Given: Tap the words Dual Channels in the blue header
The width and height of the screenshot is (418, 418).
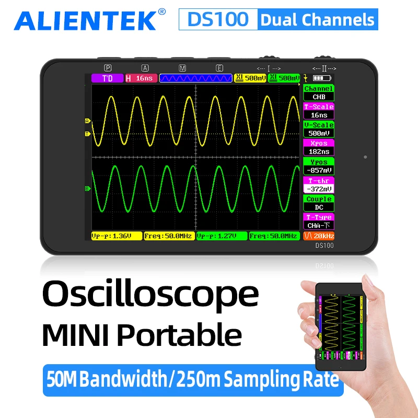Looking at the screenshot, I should [318, 20].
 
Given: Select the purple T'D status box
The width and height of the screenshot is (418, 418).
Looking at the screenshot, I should [107, 78].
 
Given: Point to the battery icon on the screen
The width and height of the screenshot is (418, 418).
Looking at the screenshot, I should [318, 78].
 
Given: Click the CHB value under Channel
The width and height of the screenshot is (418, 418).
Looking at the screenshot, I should [319, 97].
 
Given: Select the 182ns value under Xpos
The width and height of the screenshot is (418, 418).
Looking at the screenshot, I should [319, 152].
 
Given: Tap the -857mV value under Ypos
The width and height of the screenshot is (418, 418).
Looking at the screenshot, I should [319, 170].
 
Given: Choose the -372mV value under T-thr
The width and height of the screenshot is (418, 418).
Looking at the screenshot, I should [319, 189].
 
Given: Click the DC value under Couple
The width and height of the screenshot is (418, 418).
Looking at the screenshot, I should [319, 207].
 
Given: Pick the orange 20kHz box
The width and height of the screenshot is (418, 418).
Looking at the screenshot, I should [319, 236].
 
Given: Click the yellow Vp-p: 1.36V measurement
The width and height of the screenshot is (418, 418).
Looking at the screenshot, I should [117, 236].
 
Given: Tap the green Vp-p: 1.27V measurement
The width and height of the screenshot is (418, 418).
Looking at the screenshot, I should [222, 236].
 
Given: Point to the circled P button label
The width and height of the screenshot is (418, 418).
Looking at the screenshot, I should [108, 68].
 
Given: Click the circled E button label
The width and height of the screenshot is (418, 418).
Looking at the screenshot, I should [219, 68].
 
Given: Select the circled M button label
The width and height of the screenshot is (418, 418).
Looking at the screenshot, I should [182, 68].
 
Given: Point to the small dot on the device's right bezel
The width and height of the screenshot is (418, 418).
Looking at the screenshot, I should [365, 157].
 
